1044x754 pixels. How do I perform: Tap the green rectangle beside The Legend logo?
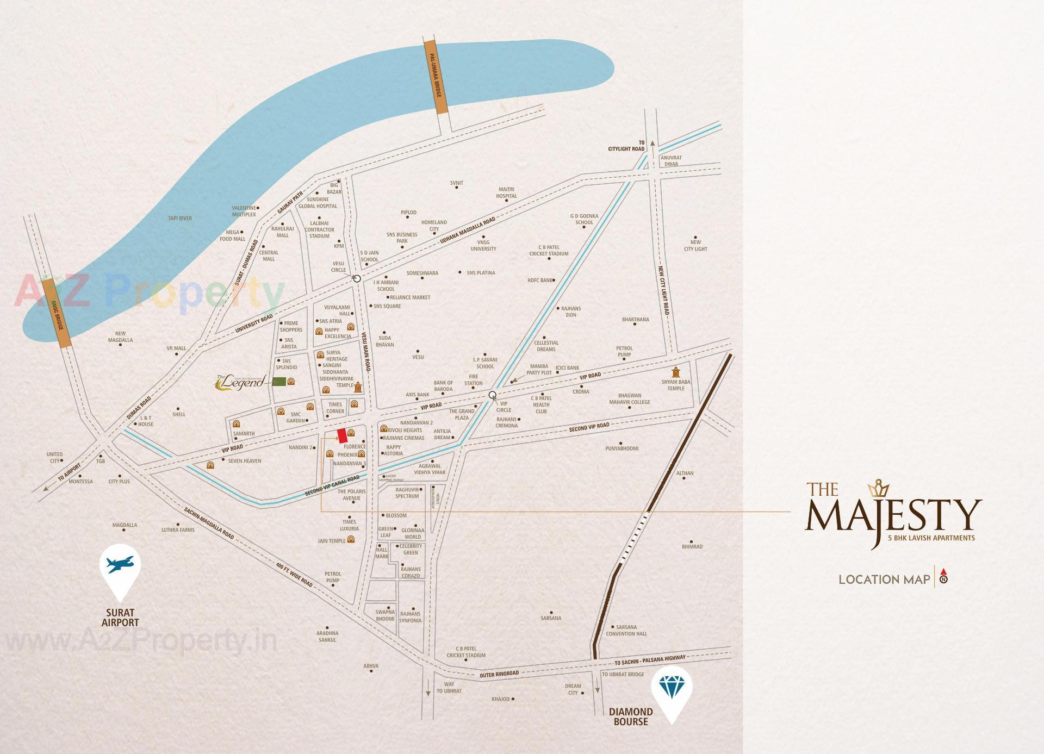(x=279, y=382)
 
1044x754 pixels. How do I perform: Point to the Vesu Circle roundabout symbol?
(x=357, y=278)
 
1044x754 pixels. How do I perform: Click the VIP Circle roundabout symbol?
(x=493, y=395)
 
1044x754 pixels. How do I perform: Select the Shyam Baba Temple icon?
(x=676, y=372)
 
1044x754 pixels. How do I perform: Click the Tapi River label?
(x=179, y=219)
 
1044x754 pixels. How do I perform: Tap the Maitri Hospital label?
(x=507, y=192)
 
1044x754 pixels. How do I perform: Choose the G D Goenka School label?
(x=584, y=219)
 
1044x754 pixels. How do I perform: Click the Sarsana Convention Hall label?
(x=626, y=630)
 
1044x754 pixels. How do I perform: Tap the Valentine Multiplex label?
(x=244, y=211)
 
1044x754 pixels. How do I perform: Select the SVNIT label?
(x=457, y=183)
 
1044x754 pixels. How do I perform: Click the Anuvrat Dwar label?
(x=671, y=160)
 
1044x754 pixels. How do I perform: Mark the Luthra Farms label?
(x=178, y=529)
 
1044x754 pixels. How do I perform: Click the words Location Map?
(x=884, y=579)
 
